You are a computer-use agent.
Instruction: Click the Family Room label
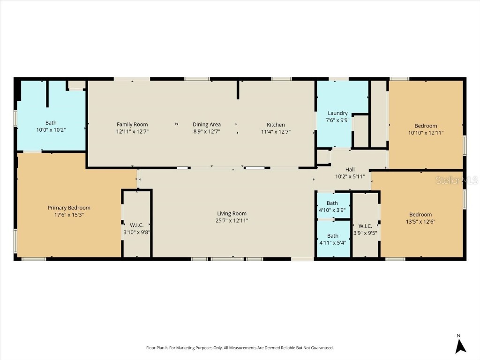click(x=132, y=124)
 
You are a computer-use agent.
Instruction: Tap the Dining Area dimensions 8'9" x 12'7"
click(x=207, y=132)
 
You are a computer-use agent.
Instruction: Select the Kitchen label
click(x=276, y=124)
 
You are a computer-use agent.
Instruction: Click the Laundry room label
click(x=337, y=113)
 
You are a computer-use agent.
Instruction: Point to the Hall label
click(x=350, y=169)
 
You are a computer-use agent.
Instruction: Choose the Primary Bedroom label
click(x=69, y=208)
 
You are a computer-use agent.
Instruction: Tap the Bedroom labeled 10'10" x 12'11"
click(x=426, y=126)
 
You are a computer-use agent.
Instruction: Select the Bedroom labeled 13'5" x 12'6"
click(x=420, y=215)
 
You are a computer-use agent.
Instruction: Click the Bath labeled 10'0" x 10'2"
click(x=51, y=123)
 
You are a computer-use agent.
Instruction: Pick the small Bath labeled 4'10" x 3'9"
click(x=332, y=203)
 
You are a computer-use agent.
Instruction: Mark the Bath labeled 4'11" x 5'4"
click(x=333, y=236)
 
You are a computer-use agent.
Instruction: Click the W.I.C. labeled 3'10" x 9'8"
click(x=136, y=225)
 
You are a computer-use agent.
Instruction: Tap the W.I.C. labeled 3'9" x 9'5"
click(x=365, y=226)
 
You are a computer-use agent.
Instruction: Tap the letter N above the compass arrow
click(x=458, y=335)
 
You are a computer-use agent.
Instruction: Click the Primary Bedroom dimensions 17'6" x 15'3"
click(x=69, y=215)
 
